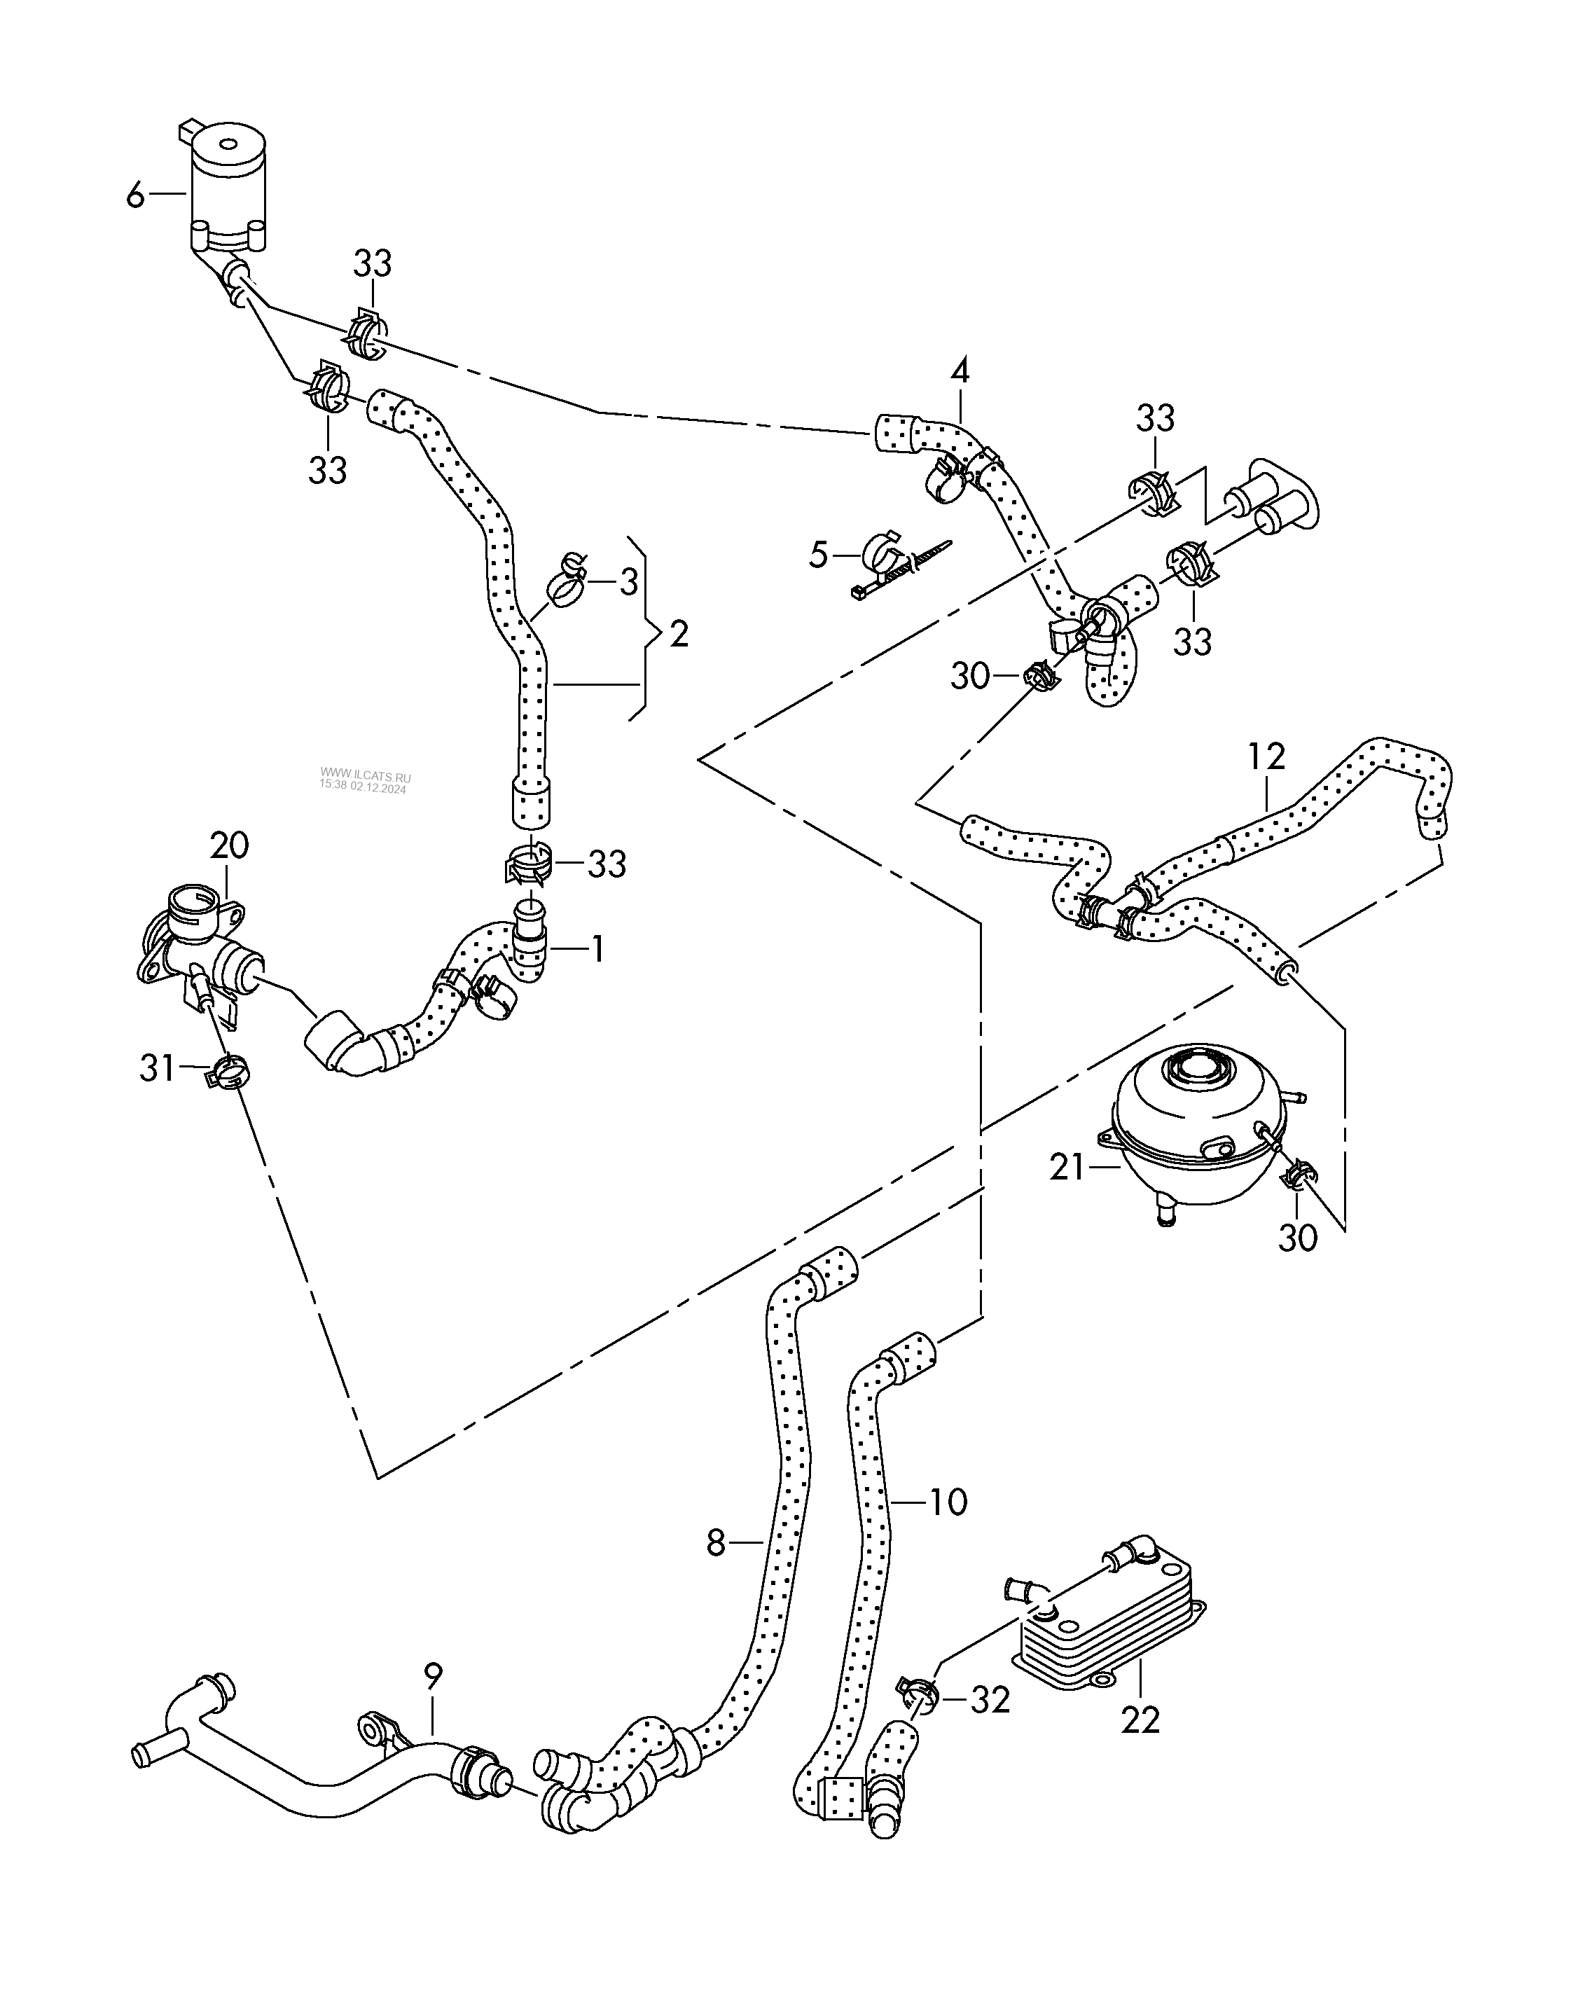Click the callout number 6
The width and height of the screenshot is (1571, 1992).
tap(135, 194)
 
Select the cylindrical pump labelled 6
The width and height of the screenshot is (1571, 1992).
tap(227, 188)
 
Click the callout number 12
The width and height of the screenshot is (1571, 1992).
tap(1266, 757)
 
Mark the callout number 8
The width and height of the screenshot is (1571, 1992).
tap(717, 1542)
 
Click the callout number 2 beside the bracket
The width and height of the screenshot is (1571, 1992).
tap(679, 634)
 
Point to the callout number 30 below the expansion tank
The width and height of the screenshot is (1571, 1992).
tap(1298, 1239)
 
